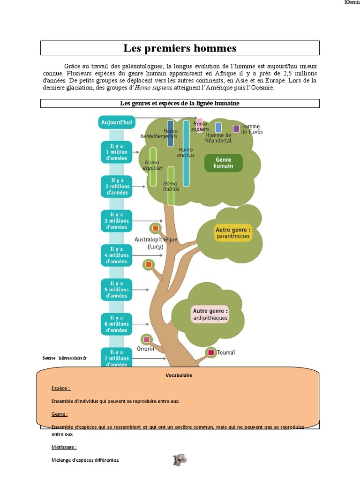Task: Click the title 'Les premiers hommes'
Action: (180, 48)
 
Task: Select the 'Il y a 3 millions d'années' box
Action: (116, 221)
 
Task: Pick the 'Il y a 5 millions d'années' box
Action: (116, 290)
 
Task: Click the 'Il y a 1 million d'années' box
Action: (116, 152)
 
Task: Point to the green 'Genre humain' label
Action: (224, 163)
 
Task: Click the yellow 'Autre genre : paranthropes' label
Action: (233, 233)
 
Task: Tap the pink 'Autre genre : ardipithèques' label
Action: (210, 315)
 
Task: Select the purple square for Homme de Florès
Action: (236, 128)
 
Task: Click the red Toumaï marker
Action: (211, 352)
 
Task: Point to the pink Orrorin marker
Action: (147, 339)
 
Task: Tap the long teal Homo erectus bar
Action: (186, 153)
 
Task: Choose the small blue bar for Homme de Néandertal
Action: (218, 127)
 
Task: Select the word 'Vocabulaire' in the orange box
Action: (179, 375)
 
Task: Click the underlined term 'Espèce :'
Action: (60, 388)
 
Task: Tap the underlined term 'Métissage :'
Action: (64, 447)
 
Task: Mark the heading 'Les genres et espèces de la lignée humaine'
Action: (180, 103)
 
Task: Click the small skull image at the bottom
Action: (180, 460)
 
